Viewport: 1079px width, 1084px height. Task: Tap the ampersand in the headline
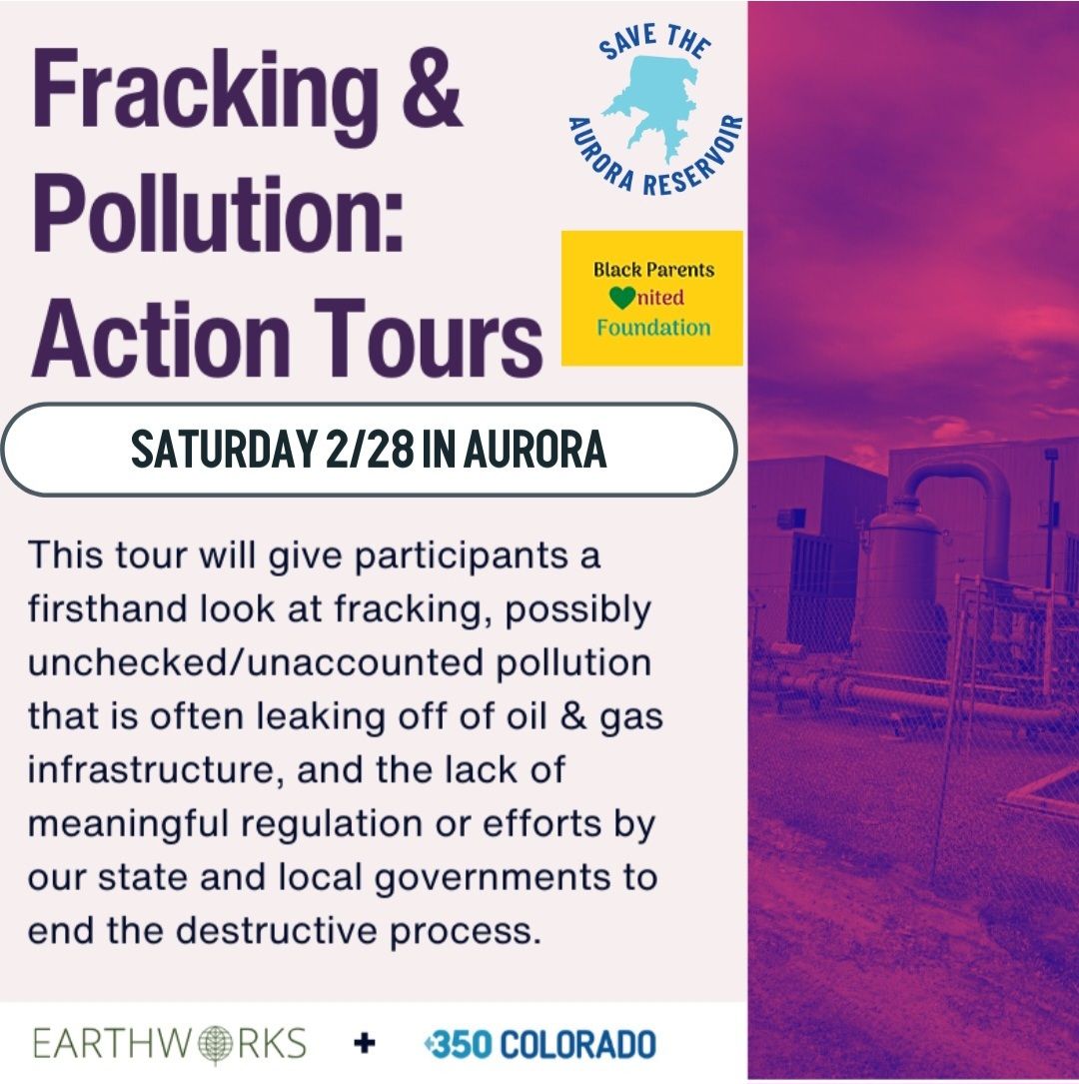(427, 92)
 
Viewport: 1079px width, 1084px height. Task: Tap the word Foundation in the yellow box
(653, 328)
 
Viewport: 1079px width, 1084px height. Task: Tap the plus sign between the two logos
(365, 1044)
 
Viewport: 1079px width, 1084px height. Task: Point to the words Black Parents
(653, 270)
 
